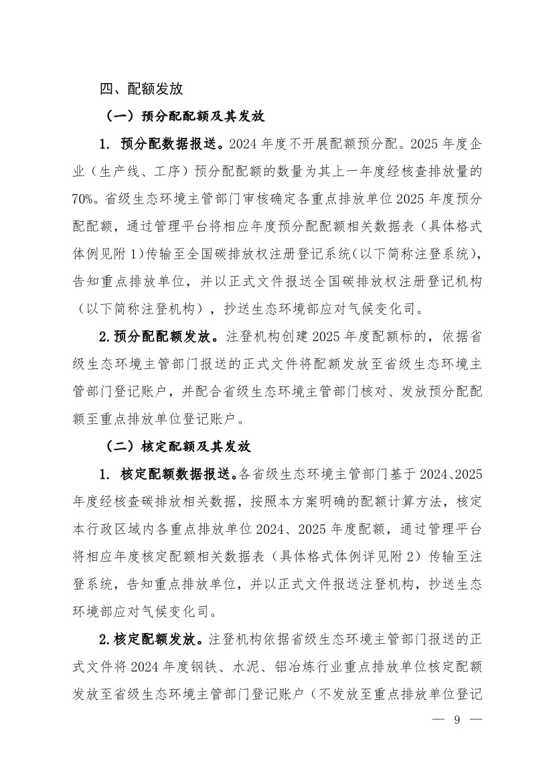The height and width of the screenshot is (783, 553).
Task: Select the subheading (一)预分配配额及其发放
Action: pyautogui.click(x=186, y=117)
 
